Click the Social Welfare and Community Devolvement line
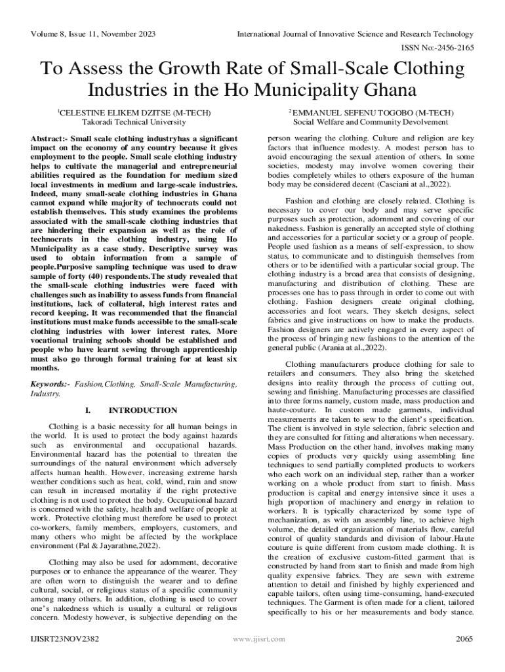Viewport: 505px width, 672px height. [371, 122]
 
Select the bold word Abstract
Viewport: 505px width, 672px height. [51, 139]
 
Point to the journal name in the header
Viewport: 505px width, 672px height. [355, 33]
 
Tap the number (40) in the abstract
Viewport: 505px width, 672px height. [96, 277]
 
